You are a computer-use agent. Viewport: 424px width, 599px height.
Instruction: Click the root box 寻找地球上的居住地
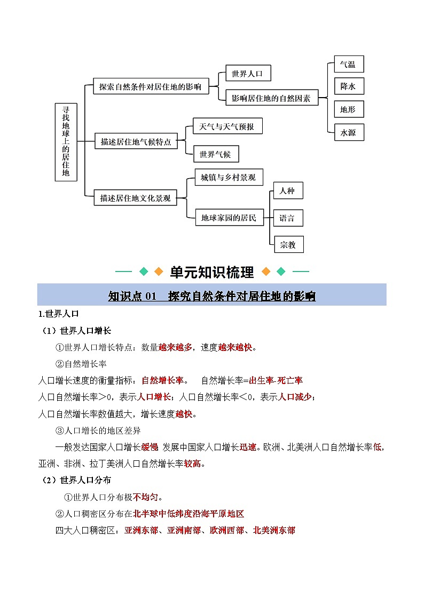pos(66,142)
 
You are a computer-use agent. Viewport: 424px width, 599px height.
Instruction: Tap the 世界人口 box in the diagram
pos(248,73)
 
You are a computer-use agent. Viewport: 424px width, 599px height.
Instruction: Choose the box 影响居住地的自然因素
pos(272,98)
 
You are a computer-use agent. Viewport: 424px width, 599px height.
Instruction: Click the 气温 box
pos(348,65)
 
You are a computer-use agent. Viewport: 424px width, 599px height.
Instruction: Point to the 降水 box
pos(348,86)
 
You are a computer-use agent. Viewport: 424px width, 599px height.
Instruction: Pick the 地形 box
pos(348,109)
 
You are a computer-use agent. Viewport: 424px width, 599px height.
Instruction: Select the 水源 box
pos(348,132)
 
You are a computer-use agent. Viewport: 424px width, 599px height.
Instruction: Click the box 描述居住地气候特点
pos(136,141)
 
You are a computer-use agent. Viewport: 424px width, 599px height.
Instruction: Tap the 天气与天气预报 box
pos(227,126)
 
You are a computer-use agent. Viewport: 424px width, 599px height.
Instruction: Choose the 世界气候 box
pos(215,154)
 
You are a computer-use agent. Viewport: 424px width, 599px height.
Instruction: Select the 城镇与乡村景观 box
pos(228,178)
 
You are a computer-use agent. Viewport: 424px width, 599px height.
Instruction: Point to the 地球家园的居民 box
pos(229,217)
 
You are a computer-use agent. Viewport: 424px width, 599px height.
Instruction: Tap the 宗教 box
pos(288,244)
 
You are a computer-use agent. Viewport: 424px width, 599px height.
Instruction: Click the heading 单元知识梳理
pos(212,272)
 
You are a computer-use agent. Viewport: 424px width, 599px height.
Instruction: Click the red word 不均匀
pos(146,497)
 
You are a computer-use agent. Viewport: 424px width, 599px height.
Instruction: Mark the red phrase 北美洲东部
pos(274,530)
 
